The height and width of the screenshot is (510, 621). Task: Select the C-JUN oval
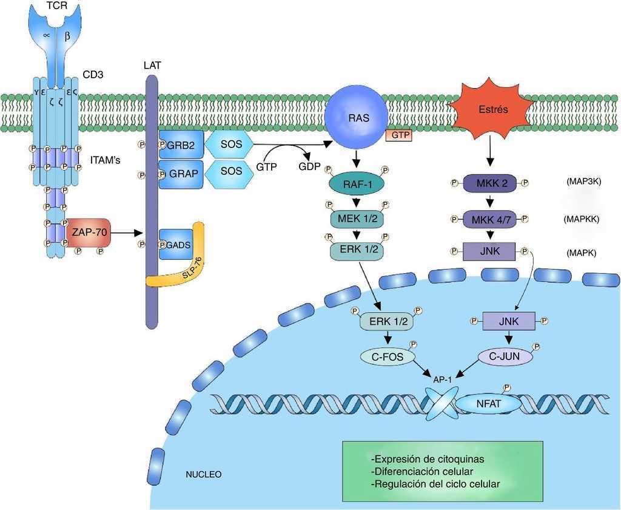pos(505,356)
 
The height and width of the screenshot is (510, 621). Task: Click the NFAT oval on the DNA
pos(488,403)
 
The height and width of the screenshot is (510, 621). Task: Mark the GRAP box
pos(180,174)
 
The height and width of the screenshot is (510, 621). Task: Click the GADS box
pos(176,245)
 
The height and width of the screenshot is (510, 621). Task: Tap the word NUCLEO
pos(203,474)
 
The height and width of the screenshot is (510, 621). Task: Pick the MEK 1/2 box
pos(357,219)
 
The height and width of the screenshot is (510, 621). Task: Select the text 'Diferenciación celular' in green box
pos(421,471)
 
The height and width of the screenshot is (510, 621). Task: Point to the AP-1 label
pos(442,379)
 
